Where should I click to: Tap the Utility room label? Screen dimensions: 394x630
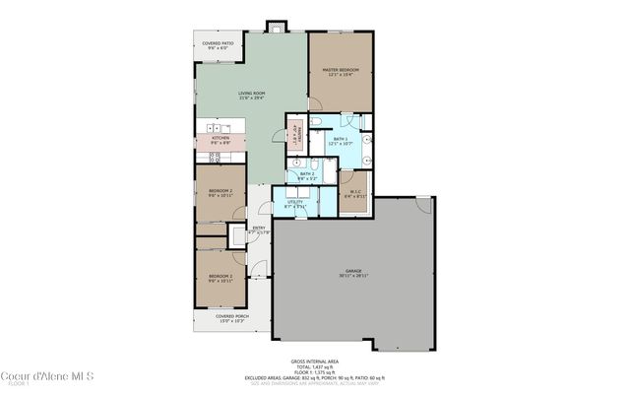[294, 205]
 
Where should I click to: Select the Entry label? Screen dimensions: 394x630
[258, 230]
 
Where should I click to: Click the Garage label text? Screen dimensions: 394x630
[353, 273]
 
